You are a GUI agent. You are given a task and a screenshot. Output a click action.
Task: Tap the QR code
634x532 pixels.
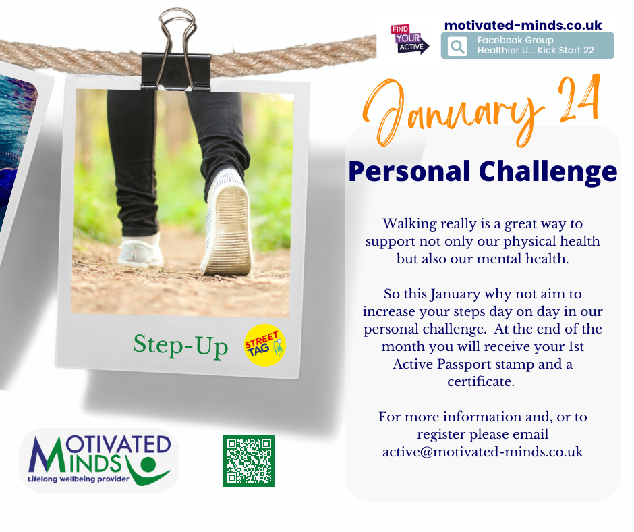pyautogui.click(x=249, y=460)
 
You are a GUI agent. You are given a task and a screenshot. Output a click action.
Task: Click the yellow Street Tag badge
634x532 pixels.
pyautogui.click(x=265, y=346)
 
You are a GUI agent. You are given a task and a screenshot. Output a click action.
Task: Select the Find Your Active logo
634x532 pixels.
pyautogui.click(x=409, y=39)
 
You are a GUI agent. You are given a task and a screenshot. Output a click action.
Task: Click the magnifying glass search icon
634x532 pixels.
pyautogui.click(x=457, y=46)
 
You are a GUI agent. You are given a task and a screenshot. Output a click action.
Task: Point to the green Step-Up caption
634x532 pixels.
pyautogui.click(x=180, y=346)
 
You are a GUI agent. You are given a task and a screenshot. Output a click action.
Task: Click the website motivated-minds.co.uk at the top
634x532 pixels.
pyautogui.click(x=523, y=25)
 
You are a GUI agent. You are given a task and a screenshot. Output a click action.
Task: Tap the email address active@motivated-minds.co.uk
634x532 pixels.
pyautogui.click(x=483, y=452)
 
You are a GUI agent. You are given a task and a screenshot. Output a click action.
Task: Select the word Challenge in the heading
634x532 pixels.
pyautogui.click(x=548, y=171)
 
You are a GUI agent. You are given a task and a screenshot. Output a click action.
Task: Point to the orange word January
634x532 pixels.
pyautogui.click(x=452, y=112)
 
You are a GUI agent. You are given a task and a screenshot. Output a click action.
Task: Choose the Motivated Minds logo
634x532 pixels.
pyautogui.click(x=99, y=460)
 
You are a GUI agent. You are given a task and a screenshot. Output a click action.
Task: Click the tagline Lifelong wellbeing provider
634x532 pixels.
pyautogui.click(x=78, y=479)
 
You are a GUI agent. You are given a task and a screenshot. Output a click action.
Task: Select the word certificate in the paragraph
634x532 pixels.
pyautogui.click(x=481, y=382)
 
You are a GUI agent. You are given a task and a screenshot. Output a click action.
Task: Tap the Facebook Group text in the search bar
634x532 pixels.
pyautogui.click(x=515, y=40)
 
